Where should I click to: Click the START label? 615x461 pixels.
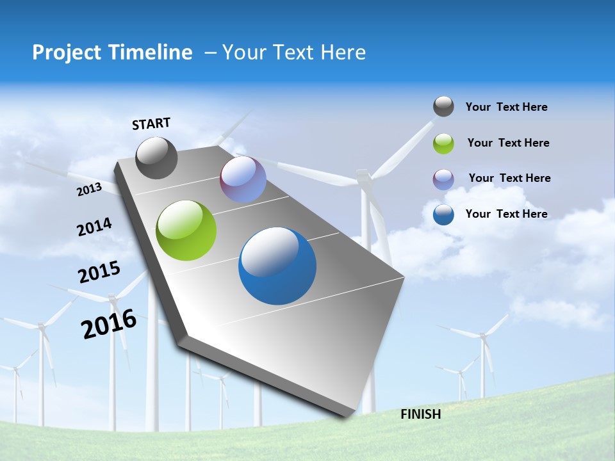click(151, 124)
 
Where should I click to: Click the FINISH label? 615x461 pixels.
click(420, 414)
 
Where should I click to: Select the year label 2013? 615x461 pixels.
click(90, 190)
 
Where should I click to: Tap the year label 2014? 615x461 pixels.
click(94, 227)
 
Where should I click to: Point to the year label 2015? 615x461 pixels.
click(99, 272)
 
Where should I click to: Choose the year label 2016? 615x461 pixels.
click(109, 324)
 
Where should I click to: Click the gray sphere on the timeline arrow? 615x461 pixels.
click(156, 158)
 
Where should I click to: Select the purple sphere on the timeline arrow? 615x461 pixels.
click(243, 179)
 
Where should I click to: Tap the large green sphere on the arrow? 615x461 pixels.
click(186, 230)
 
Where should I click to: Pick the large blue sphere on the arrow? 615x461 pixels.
click(277, 266)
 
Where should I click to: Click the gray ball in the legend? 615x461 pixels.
click(443, 107)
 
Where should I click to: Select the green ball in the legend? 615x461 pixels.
click(443, 143)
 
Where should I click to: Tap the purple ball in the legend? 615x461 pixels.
click(443, 179)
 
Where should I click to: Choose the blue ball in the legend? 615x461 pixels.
click(443, 214)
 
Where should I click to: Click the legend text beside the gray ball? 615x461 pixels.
click(506, 107)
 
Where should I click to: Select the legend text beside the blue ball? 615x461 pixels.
click(506, 214)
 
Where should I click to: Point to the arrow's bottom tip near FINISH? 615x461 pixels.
click(347, 415)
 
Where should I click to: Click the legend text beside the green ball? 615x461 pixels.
click(508, 143)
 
